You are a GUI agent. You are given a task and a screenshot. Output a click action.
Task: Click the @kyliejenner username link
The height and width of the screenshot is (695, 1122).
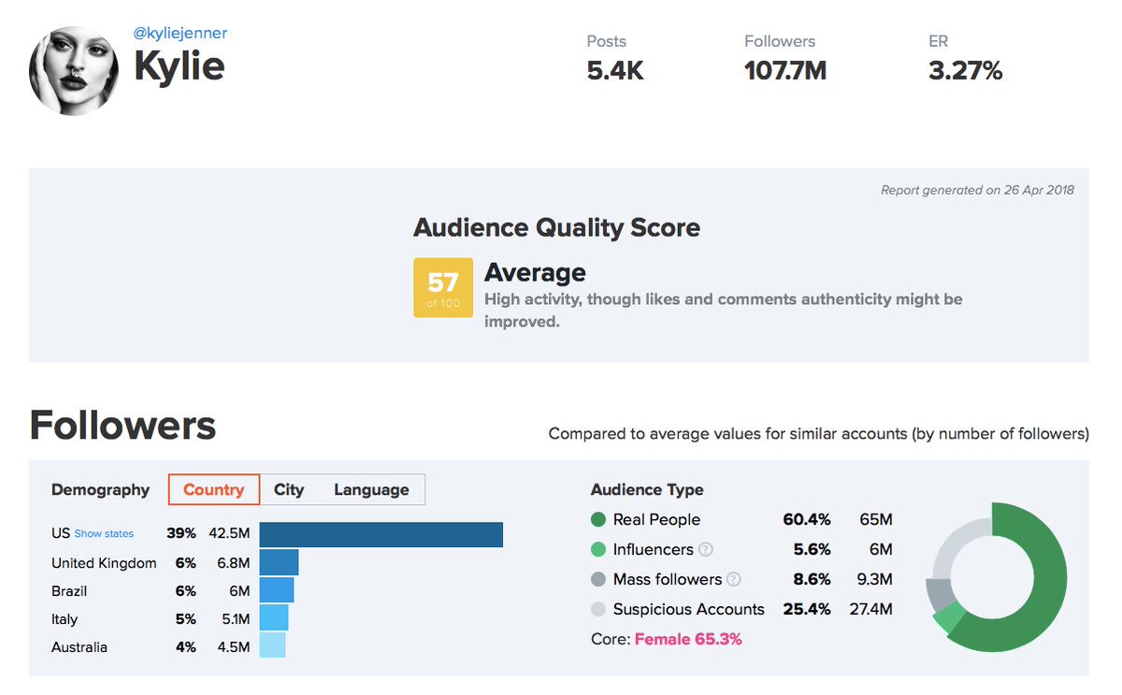180,34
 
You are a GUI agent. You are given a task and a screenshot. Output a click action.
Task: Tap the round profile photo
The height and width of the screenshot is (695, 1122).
74,70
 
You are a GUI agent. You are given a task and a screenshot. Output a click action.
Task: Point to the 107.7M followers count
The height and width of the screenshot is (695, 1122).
784,71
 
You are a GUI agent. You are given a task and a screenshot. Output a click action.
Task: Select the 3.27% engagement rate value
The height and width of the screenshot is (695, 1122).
965,71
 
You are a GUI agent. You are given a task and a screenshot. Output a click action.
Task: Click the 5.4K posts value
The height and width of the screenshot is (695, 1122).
615,71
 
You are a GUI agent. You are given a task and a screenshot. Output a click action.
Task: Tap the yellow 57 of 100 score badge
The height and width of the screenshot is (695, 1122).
442,287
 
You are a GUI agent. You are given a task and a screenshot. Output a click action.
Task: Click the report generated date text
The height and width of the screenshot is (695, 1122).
977,190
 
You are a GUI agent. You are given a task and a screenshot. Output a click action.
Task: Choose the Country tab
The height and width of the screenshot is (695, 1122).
214,489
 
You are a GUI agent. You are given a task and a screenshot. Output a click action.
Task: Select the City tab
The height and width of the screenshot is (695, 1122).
289,489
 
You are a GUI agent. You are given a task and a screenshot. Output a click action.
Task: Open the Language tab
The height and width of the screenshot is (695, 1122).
371,489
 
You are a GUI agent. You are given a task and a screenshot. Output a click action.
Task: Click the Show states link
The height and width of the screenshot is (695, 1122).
104,534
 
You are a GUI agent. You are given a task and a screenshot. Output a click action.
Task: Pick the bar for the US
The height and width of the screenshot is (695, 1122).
381,534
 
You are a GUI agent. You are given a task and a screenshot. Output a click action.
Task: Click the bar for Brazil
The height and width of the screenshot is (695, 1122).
277,590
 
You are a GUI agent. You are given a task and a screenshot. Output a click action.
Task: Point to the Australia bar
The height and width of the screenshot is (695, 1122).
272,646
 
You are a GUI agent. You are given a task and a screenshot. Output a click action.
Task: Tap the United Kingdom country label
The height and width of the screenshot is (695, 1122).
104,562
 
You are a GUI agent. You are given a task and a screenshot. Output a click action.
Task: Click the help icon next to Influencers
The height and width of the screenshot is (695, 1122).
706,550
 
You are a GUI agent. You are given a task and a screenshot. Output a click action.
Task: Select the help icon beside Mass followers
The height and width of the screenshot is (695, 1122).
734,580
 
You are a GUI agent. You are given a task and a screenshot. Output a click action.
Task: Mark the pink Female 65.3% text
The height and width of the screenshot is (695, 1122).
688,639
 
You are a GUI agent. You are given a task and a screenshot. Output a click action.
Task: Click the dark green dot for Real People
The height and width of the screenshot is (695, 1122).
598,520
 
